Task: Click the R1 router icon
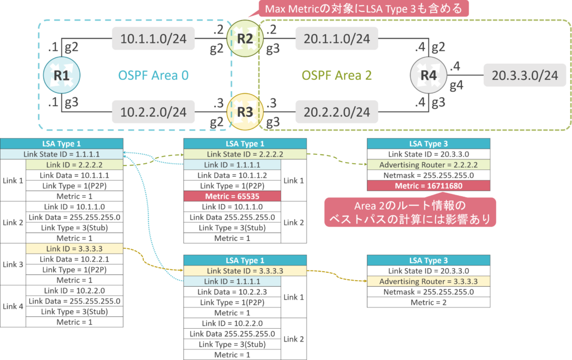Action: tap(61, 75)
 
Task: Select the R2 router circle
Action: tap(245, 39)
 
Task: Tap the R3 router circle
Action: tap(245, 112)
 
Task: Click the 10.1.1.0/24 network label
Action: tap(154, 39)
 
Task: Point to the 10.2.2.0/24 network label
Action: tap(154, 112)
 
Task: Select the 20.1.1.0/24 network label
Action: tap(337, 39)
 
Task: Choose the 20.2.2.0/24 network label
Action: tap(337, 112)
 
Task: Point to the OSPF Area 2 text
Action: tap(337, 75)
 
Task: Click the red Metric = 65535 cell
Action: tap(232, 196)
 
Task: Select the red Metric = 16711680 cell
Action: tap(428, 186)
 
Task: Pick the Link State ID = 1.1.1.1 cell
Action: tap(61, 154)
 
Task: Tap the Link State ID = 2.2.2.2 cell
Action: tap(245, 154)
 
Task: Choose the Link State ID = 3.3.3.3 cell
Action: tap(245, 271)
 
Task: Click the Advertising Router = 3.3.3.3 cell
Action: tap(428, 281)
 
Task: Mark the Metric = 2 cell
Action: tap(428, 302)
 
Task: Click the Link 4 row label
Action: tap(13, 306)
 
